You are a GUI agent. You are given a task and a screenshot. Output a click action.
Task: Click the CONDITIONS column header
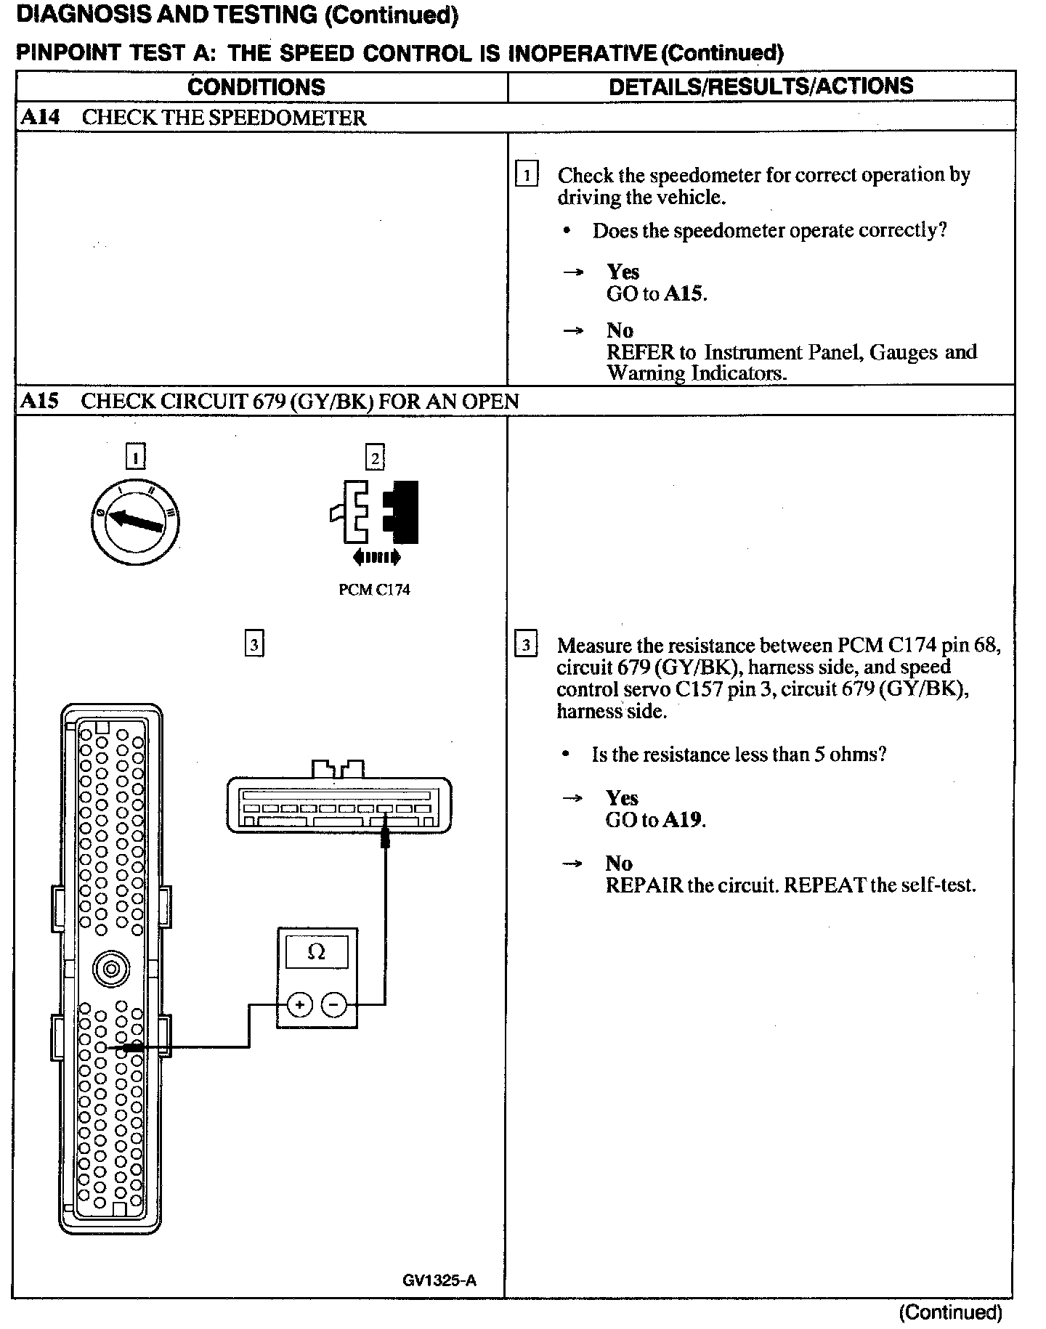pyautogui.click(x=256, y=87)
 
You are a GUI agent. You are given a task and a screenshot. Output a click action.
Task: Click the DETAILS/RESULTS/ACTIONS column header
pyautogui.click(x=761, y=86)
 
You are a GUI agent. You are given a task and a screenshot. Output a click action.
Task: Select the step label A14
pyautogui.click(x=40, y=118)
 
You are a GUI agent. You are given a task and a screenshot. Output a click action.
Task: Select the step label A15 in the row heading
pyautogui.click(x=39, y=401)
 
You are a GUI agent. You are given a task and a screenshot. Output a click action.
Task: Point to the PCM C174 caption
pyautogui.click(x=374, y=590)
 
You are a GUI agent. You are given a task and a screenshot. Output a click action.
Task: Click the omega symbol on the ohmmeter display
pyautogui.click(x=317, y=952)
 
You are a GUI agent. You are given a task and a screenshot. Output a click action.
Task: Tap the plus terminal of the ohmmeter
pyautogui.click(x=300, y=1005)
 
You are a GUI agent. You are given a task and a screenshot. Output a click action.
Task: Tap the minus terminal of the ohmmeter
pyautogui.click(x=334, y=1005)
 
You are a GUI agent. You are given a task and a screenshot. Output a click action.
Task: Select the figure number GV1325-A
pyautogui.click(x=439, y=1280)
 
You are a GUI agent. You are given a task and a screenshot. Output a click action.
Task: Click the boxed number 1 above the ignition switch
pyautogui.click(x=135, y=457)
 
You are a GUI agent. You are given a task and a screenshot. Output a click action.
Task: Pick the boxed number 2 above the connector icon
pyautogui.click(x=375, y=458)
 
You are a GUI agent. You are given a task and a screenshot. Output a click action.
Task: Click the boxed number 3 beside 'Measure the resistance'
pyautogui.click(x=526, y=645)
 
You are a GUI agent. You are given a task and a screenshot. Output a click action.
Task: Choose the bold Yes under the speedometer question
pyautogui.click(x=623, y=272)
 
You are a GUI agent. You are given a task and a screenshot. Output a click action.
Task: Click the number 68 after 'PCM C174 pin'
pyautogui.click(x=986, y=645)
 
